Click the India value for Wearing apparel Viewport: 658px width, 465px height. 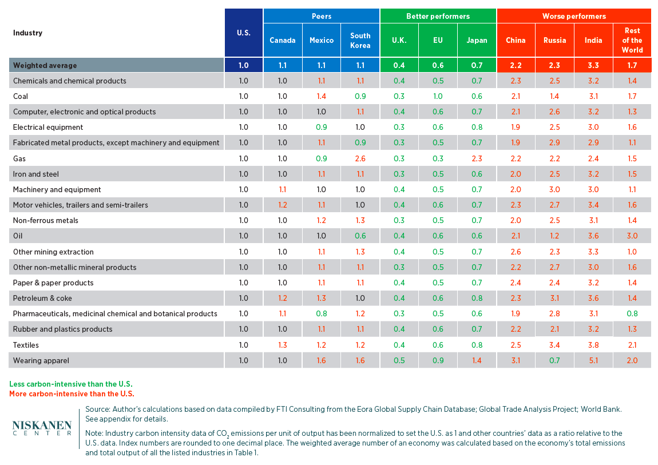pyautogui.click(x=593, y=360)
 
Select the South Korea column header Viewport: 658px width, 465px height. pyautogui.click(x=360, y=41)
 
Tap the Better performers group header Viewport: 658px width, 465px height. pyautogui.click(x=438, y=17)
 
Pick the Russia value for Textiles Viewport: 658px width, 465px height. pyautogui.click(x=554, y=345)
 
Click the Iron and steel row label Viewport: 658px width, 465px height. pyautogui.click(x=35, y=174)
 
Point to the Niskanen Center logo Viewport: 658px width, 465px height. pyautogui.click(x=42, y=428)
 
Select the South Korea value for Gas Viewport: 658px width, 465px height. pyautogui.click(x=360, y=158)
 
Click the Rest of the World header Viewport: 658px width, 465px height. pyautogui.click(x=632, y=40)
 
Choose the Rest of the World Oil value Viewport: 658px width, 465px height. pyautogui.click(x=632, y=236)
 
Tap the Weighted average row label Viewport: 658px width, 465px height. pyautogui.click(x=45, y=65)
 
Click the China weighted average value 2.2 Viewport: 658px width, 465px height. pyautogui.click(x=516, y=65)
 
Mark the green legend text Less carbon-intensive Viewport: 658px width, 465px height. pyautogui.click(x=71, y=384)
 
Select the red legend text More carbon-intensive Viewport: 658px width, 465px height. pyautogui.click(x=72, y=394)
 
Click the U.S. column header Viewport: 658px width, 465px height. pyautogui.click(x=243, y=33)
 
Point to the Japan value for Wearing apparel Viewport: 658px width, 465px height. pyautogui.click(x=477, y=360)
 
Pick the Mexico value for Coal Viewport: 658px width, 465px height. pyautogui.click(x=321, y=97)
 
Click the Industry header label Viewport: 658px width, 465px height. pyautogui.click(x=27, y=33)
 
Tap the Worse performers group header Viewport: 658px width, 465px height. pyautogui.click(x=574, y=17)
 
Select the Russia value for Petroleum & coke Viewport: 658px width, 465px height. pyautogui.click(x=554, y=298)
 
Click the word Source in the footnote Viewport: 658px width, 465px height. pyautogui.click(x=97, y=409)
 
